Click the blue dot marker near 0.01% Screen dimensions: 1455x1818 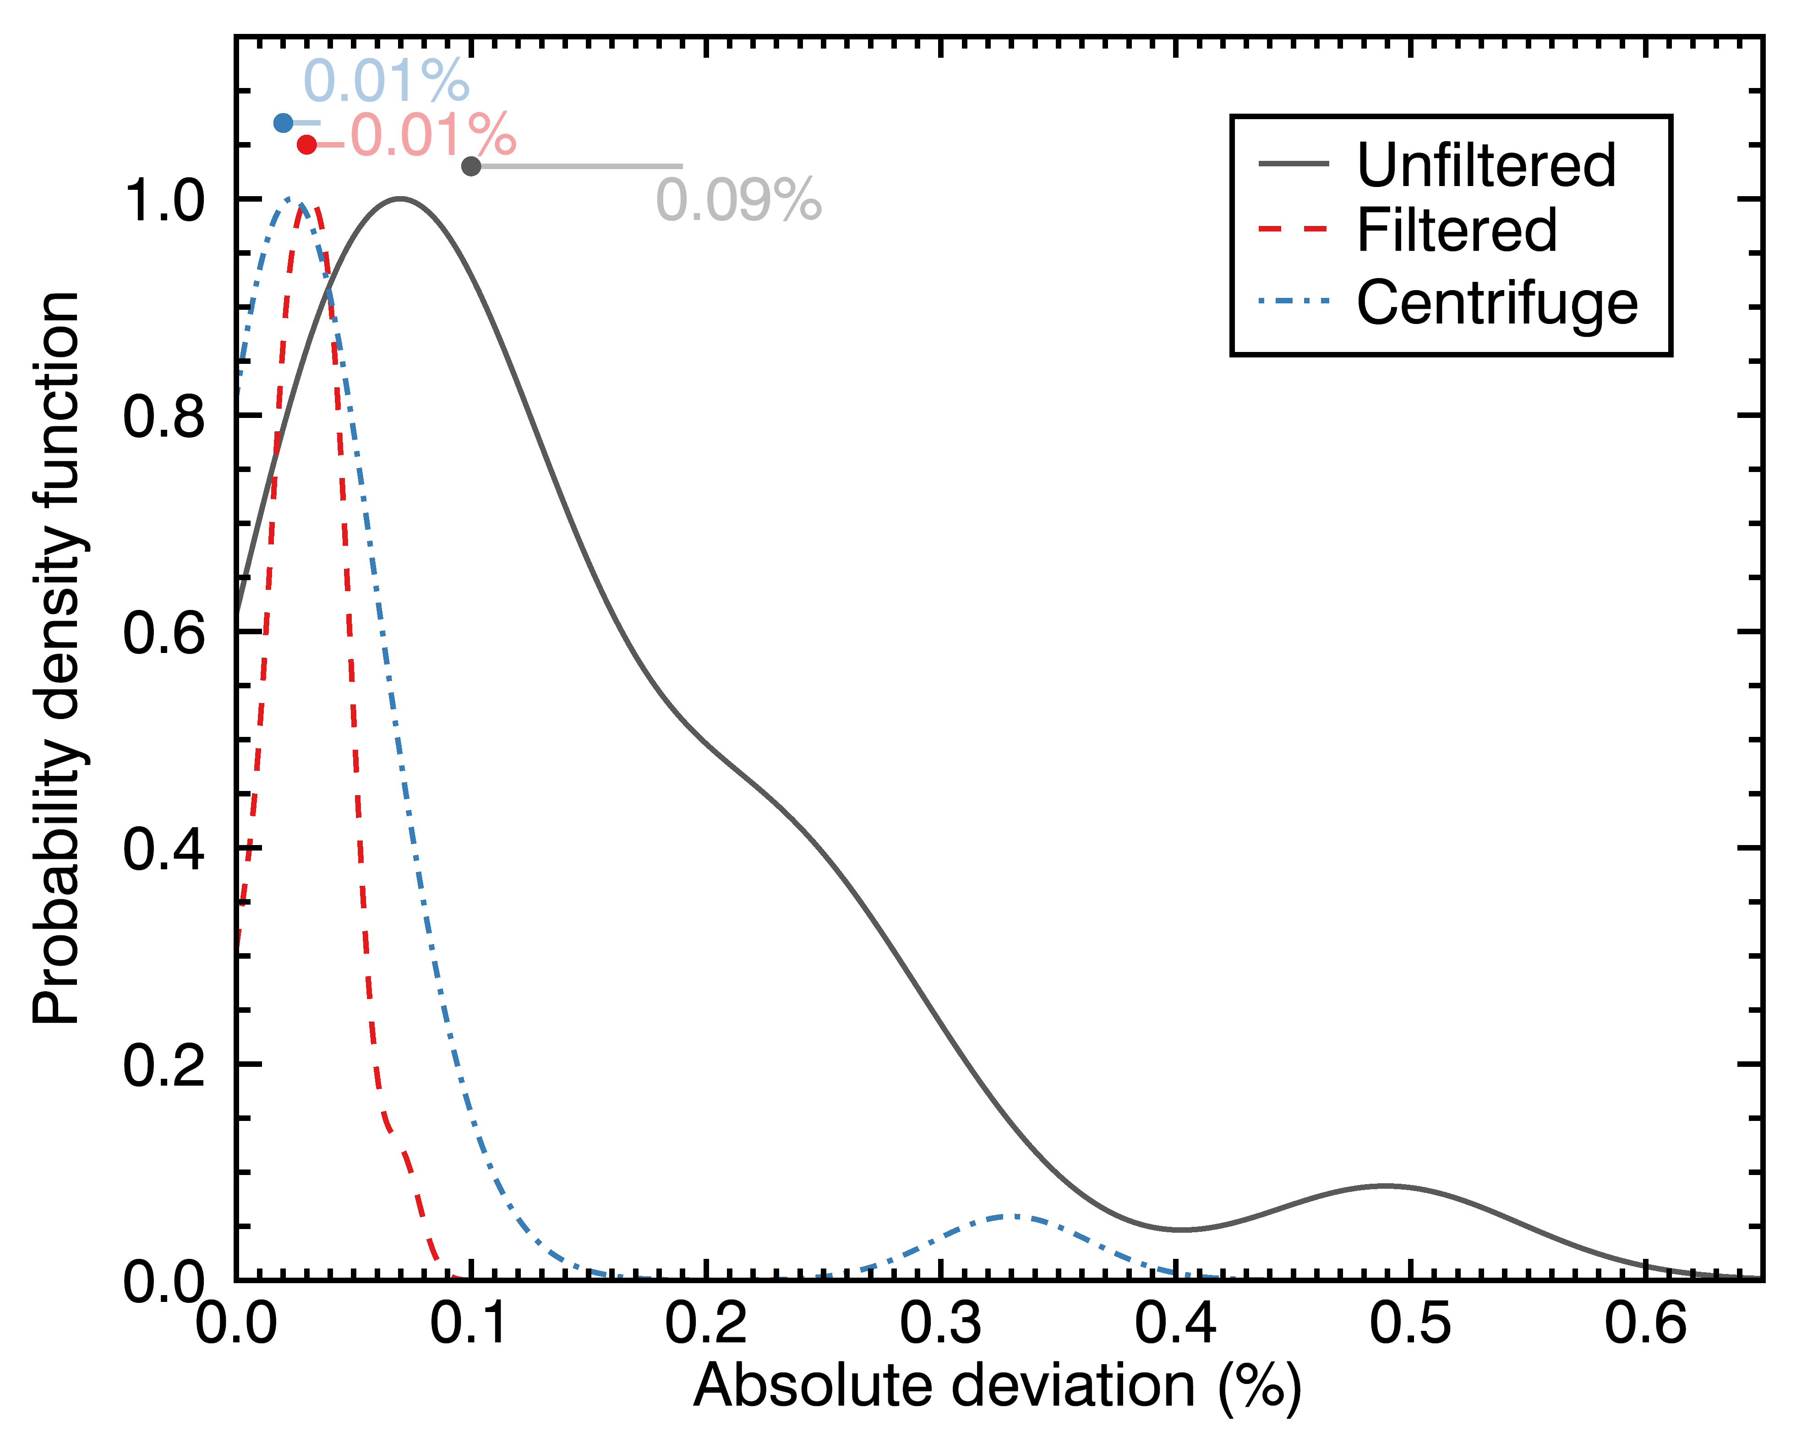(284, 123)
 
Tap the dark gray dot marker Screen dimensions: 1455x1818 (471, 166)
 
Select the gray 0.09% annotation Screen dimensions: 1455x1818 (739, 201)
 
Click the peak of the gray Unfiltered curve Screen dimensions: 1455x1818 (400, 198)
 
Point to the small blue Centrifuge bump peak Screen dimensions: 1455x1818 (1016, 1216)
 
